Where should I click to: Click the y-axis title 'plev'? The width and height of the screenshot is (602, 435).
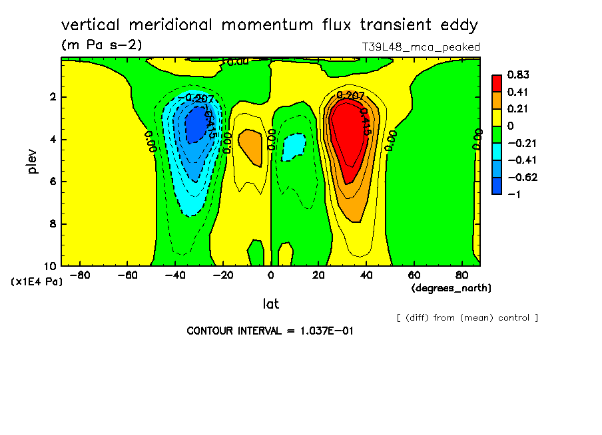pos(33,161)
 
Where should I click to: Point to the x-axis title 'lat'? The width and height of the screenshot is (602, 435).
pos(270,304)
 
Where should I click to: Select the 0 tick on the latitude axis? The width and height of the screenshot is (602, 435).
pos(270,274)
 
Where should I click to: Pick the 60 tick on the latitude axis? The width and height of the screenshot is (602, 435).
pos(414,274)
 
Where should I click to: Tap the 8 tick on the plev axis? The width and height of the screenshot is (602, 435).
pos(53,224)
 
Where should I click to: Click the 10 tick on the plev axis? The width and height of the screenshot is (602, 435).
pos(50,266)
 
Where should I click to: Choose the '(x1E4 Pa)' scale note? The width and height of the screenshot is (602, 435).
pos(37,282)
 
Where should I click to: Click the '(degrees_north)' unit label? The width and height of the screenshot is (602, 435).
pos(451,287)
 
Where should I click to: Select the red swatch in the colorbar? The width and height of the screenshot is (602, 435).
pos(497,83)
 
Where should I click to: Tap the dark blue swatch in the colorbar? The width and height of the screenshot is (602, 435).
pos(497,186)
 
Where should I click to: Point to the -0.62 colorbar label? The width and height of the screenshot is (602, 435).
pos(521,178)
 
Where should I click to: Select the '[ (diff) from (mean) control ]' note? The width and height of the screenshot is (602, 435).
pos(467,317)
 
